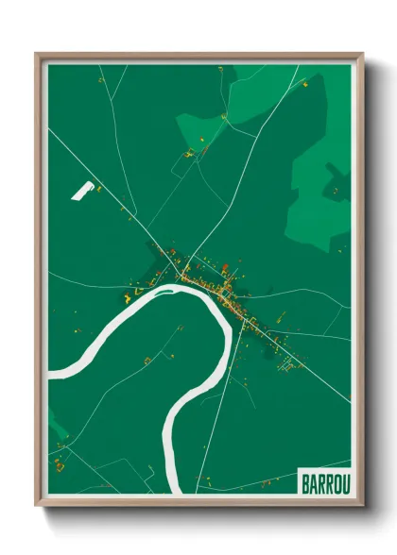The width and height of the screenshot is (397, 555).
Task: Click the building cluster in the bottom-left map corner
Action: click(x=59, y=462)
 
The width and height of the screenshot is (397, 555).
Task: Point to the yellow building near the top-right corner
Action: click(x=305, y=84)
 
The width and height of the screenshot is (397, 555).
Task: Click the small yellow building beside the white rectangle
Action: click(x=99, y=188)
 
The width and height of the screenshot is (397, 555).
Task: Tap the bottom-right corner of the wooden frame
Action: click(x=362, y=505)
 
